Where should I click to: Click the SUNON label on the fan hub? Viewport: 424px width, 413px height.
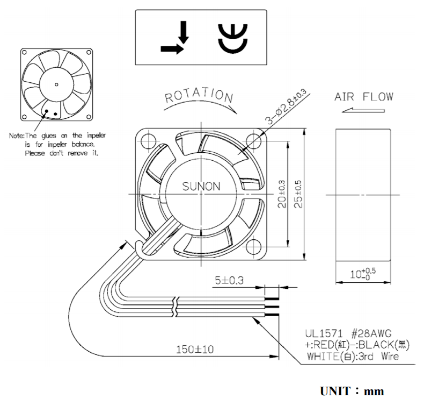click(x=201, y=187)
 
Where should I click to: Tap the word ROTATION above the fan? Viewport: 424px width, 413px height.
click(x=199, y=96)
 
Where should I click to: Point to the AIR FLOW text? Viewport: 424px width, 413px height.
click(x=363, y=97)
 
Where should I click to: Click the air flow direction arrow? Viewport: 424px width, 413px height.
click(x=363, y=111)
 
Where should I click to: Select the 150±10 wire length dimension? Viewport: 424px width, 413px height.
click(x=195, y=350)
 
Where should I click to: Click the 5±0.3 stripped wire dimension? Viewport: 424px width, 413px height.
click(x=230, y=280)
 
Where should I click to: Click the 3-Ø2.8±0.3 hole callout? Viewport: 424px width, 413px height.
click(x=285, y=108)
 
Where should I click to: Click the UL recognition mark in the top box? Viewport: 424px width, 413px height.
click(x=232, y=39)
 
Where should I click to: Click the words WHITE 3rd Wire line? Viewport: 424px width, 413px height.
click(x=353, y=356)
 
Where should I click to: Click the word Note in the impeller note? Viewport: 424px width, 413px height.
click(x=17, y=136)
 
